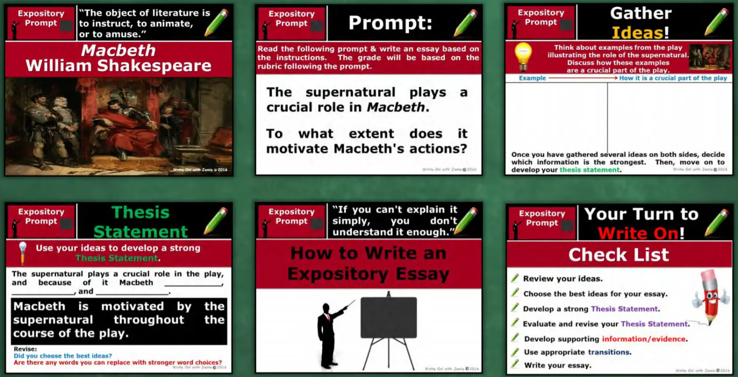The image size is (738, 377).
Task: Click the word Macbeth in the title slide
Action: click(118, 50)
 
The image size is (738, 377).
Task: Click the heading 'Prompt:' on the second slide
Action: click(390, 23)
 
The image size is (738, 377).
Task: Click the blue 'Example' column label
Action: click(532, 78)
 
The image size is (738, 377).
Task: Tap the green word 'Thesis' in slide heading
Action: click(140, 212)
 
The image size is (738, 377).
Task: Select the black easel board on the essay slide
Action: click(388, 318)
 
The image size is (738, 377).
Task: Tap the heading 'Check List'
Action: click(618, 255)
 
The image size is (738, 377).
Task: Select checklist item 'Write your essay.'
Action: click(557, 365)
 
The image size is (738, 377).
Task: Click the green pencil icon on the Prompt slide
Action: click(465, 23)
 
